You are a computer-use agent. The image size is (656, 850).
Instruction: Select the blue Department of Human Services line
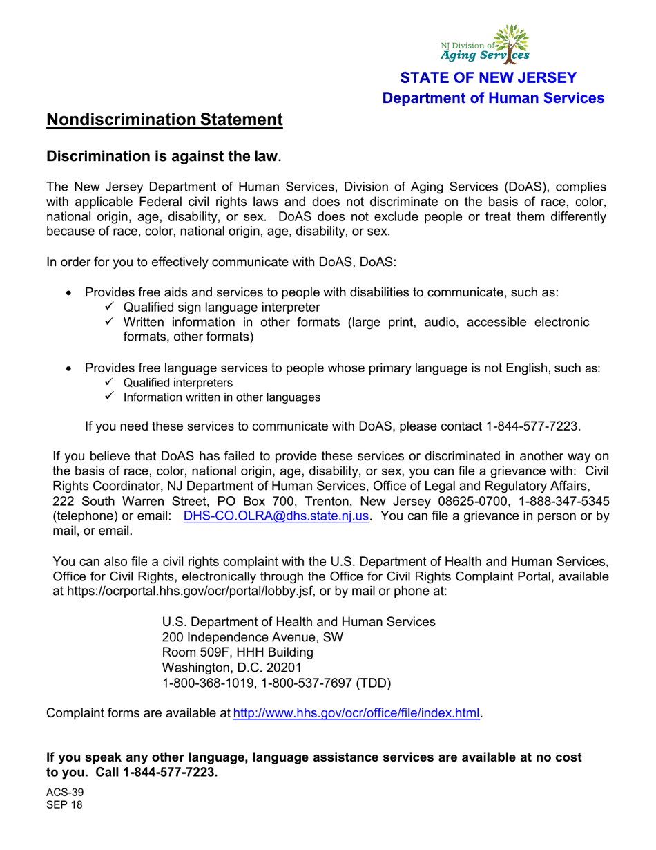494,99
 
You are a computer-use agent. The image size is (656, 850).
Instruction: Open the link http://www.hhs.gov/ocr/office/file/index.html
357,712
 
